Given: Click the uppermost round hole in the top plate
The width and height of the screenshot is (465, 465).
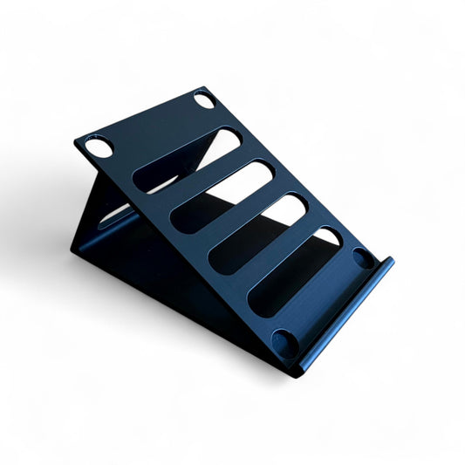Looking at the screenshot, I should [204, 100].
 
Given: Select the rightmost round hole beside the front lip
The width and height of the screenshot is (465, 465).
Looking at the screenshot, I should [362, 258].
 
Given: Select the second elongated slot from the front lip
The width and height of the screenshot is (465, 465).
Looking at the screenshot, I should [257, 235].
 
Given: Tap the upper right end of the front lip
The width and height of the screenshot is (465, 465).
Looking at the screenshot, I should [389, 263].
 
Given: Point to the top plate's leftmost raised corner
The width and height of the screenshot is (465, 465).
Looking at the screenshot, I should [76, 142].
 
